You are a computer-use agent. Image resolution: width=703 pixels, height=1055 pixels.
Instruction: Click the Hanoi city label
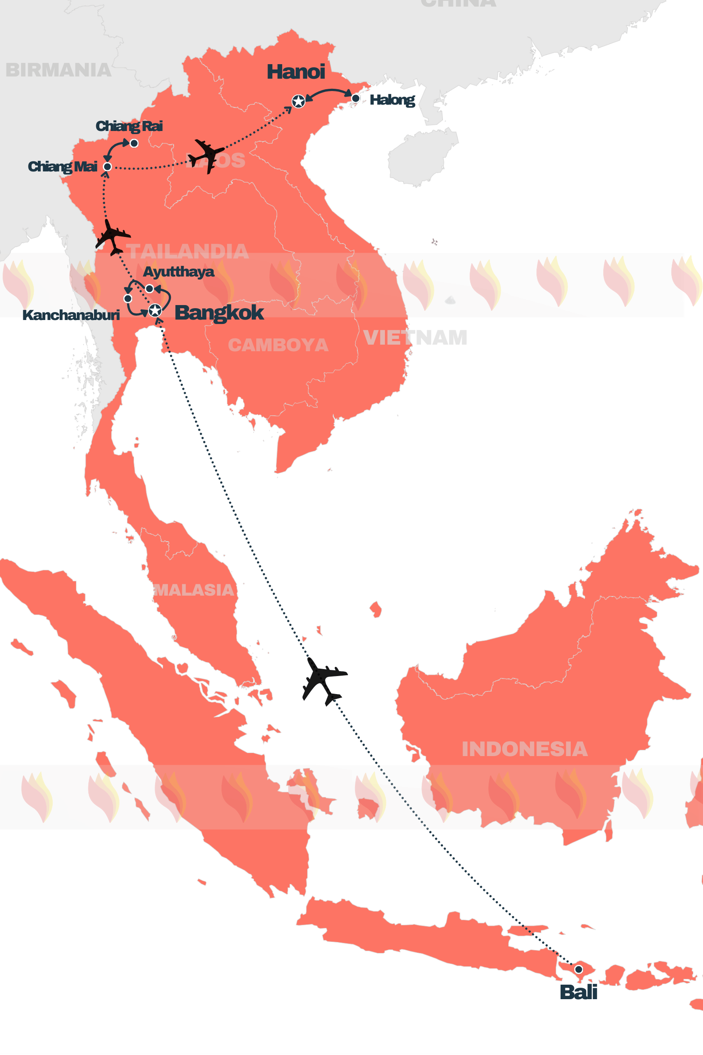tap(296, 72)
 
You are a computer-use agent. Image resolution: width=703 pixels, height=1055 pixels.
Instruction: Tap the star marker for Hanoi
tap(299, 102)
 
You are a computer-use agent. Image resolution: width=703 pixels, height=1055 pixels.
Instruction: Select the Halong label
tap(392, 100)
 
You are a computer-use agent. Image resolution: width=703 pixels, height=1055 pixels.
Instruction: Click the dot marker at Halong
tap(355, 98)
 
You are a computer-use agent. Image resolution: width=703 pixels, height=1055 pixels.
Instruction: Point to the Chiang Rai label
tap(129, 126)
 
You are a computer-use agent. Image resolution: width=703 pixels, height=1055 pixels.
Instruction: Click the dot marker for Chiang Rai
tap(134, 144)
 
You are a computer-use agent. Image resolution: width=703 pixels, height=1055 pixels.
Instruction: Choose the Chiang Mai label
tap(63, 167)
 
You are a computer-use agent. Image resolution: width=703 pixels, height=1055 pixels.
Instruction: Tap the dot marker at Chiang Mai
tap(108, 167)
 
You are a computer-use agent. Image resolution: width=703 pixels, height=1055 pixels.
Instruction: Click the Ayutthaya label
tap(178, 272)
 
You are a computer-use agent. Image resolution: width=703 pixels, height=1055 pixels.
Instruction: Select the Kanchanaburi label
tap(71, 315)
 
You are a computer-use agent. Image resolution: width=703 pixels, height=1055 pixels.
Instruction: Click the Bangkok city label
tap(219, 313)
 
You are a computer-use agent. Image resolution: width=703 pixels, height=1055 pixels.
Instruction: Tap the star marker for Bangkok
tap(155, 310)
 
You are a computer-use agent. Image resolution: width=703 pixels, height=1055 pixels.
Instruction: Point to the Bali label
tap(578, 992)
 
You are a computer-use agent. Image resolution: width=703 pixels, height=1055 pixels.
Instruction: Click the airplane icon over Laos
tap(206, 156)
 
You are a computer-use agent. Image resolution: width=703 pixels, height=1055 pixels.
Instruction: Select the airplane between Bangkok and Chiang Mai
tap(112, 237)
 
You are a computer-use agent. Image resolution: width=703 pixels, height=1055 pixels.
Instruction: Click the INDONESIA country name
tap(525, 749)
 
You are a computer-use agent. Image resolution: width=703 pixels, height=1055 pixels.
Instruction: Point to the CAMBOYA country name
tap(278, 345)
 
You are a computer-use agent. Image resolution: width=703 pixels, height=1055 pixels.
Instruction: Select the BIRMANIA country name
tap(58, 70)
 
